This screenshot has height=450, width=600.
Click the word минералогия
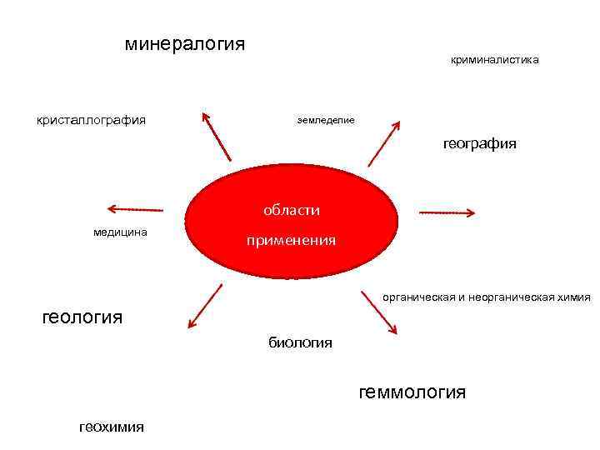click(185, 42)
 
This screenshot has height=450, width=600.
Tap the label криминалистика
click(494, 60)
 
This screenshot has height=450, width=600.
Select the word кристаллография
click(91, 120)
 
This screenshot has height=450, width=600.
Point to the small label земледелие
click(326, 120)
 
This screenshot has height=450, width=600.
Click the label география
click(479, 144)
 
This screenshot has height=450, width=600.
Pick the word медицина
click(120, 232)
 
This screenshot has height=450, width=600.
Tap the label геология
click(82, 317)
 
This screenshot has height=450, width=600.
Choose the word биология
click(300, 342)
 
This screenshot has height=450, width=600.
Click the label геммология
click(412, 392)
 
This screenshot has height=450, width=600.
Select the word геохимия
click(111, 427)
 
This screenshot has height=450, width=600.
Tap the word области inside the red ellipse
click(291, 211)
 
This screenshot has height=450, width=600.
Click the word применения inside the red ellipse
click(291, 241)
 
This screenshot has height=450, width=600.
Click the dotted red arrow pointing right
click(447, 212)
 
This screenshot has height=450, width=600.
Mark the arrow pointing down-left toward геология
click(206, 305)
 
